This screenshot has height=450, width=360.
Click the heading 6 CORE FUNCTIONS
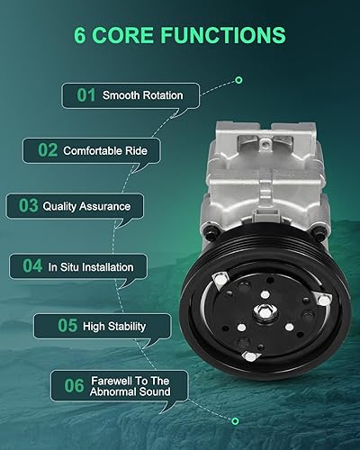180,36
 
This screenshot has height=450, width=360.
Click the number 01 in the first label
86,94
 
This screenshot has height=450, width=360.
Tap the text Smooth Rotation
142,94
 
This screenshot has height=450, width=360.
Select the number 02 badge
47,150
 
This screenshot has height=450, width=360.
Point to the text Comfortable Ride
104,150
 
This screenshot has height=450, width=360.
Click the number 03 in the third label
27,206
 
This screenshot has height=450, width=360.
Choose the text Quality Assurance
86,206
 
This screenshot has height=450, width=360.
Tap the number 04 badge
32,266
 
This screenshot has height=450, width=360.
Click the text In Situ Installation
91,266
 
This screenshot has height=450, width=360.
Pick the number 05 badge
56,326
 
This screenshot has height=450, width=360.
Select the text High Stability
113,326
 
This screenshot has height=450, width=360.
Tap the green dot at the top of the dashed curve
238,80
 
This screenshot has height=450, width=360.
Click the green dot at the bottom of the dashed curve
235,419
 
